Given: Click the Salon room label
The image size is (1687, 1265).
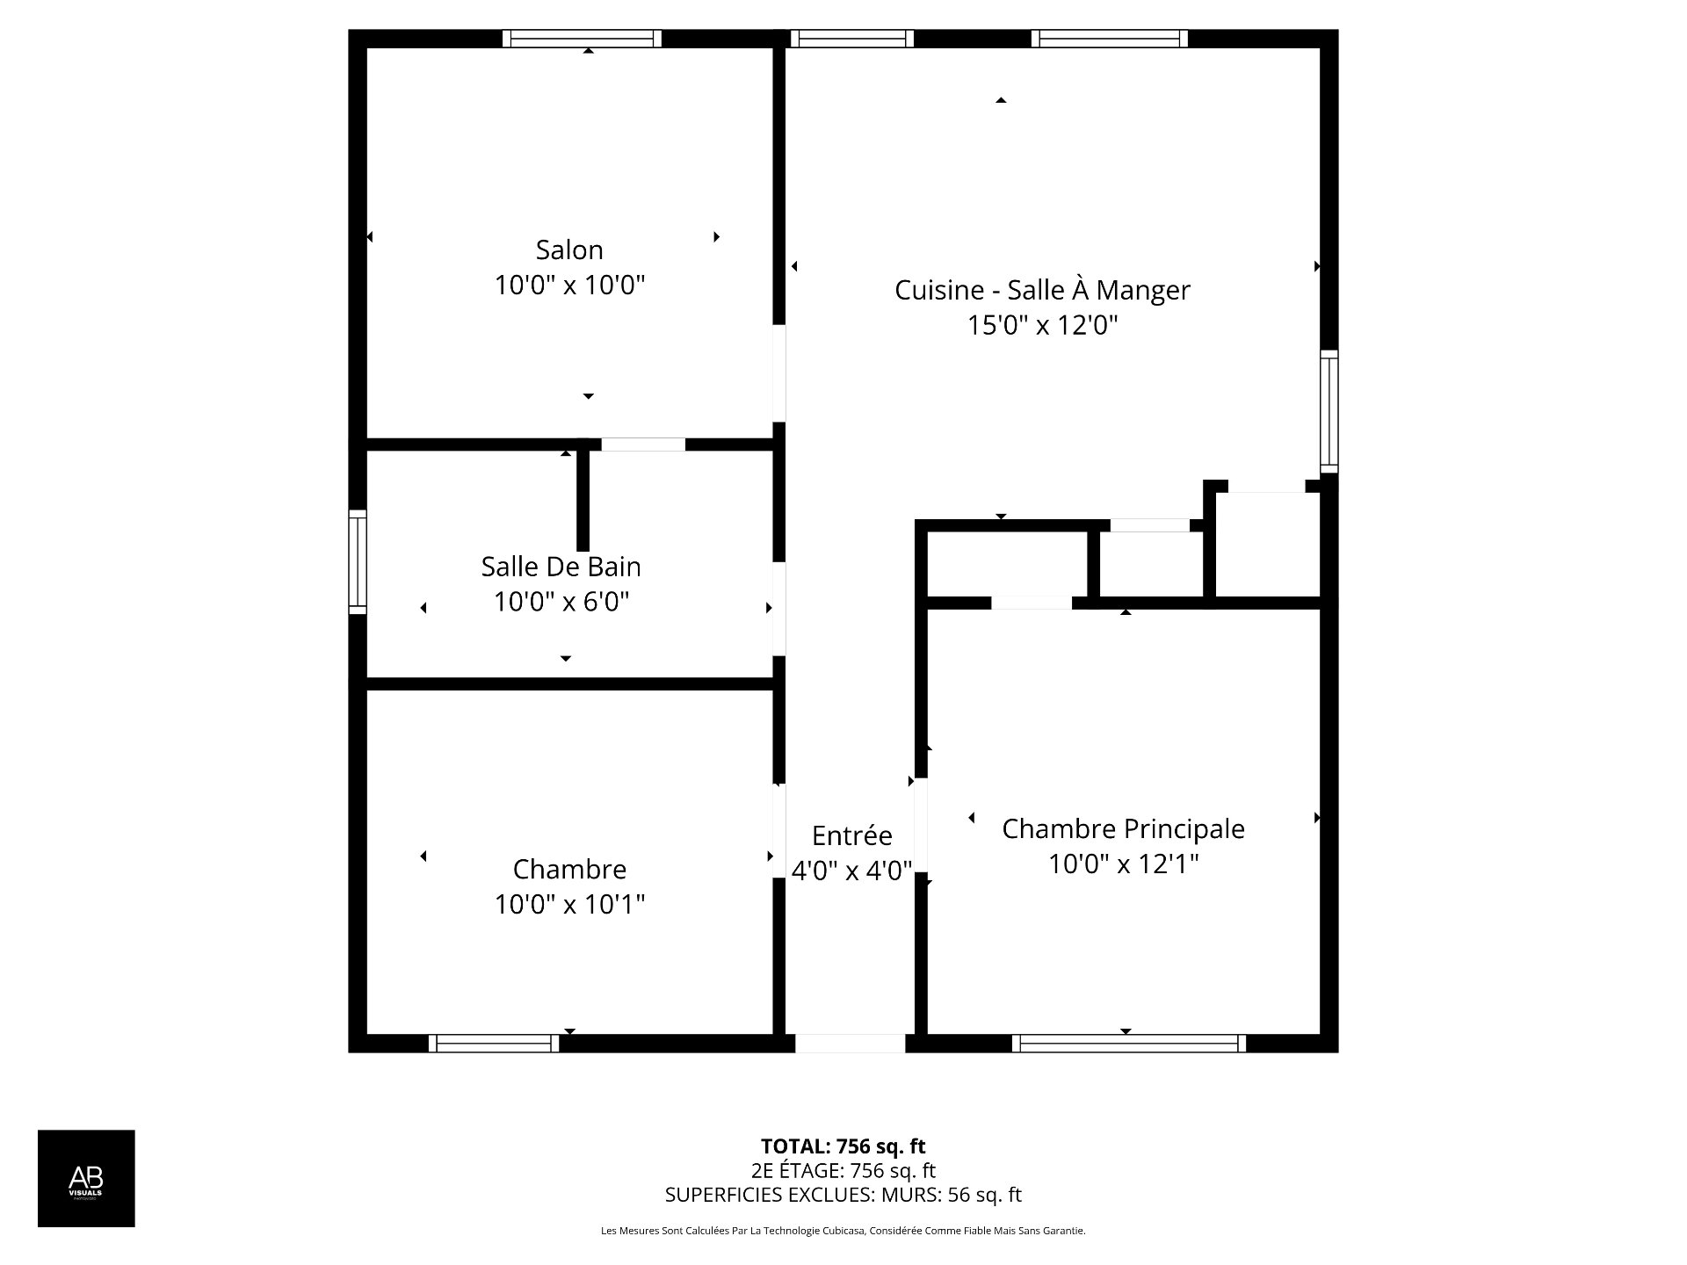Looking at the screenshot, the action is pos(569,250).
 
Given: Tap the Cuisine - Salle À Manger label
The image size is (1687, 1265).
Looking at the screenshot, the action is pos(1042,289).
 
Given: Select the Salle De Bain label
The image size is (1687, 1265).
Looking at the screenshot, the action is pos(561,567).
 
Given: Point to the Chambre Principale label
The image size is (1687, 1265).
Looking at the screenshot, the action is pos(1123,828).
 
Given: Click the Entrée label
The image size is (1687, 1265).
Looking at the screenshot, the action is pos(851,835).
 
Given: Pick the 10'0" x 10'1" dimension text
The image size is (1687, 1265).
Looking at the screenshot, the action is pos(569,904).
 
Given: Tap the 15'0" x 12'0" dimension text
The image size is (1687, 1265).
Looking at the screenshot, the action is pos(1042,326).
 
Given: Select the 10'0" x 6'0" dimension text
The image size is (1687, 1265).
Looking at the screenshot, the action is pos(561,602).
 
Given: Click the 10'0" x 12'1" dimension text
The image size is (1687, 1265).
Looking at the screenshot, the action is pos(1123,864).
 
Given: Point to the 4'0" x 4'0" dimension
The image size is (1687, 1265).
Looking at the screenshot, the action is pos(851,871).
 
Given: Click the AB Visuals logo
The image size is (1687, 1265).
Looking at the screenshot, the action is pos(86,1178).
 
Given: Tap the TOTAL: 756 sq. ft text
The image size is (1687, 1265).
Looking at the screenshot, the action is pos(843,1146).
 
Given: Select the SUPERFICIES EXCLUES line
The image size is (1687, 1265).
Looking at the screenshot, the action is pos(843,1195).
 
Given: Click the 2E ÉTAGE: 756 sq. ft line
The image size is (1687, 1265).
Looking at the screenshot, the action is pos(843,1170).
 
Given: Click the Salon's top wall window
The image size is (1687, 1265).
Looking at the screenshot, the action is pos(583,39).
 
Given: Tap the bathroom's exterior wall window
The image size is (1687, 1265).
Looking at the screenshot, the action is pos(358,561).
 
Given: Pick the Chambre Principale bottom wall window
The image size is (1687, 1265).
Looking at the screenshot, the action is pos(1129,1044).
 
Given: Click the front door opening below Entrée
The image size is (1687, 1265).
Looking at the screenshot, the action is pos(851,1044).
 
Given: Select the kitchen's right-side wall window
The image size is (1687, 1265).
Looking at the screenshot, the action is pos(1329,411).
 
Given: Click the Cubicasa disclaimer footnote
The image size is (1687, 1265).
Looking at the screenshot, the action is pos(843,1231).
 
